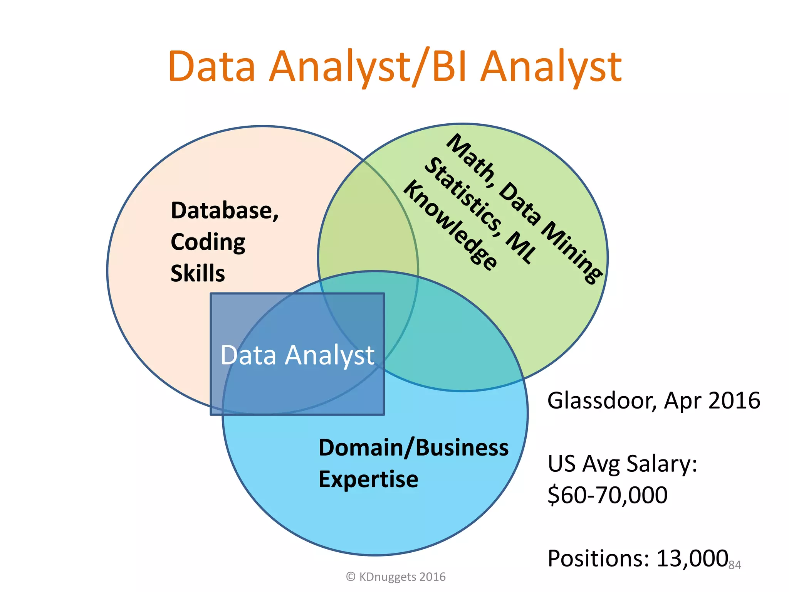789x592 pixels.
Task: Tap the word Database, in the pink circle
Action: point(225,211)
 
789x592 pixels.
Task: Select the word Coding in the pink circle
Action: point(208,243)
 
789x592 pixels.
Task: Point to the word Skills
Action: point(198,274)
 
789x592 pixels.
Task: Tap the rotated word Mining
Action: point(572,252)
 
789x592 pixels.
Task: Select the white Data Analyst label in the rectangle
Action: point(297,355)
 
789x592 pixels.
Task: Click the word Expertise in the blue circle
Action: point(368,479)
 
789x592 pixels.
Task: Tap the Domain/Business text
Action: point(413,448)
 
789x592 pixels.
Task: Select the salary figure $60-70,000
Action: point(608,495)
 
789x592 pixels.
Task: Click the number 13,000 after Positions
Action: point(692,558)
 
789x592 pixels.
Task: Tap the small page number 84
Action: point(735,565)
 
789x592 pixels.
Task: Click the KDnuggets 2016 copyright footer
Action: point(396,577)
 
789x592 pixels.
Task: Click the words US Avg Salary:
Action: point(622,464)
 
